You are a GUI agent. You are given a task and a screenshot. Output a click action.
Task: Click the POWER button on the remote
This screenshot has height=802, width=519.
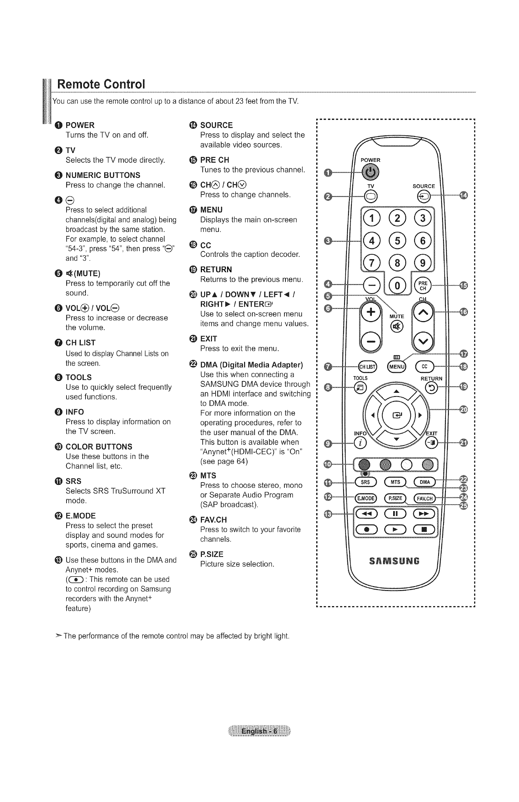click(x=370, y=172)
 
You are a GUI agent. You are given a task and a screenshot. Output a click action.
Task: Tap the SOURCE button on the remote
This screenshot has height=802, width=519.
click(x=423, y=196)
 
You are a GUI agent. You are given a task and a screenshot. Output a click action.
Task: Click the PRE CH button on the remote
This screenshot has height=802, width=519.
click(x=423, y=286)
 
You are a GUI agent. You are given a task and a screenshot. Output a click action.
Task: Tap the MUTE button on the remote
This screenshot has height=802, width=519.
click(x=396, y=326)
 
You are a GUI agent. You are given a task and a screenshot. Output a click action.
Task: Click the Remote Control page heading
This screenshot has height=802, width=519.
click(x=101, y=84)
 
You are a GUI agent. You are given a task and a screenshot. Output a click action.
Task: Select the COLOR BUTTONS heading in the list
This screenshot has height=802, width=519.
click(x=99, y=447)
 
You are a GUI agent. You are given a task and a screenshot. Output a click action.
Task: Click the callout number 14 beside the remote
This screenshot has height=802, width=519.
click(x=464, y=195)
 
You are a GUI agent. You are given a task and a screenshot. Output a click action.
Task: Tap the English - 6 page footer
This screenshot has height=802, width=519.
click(x=259, y=731)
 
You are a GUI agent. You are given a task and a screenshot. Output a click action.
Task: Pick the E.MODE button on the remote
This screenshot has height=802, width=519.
click(x=366, y=498)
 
